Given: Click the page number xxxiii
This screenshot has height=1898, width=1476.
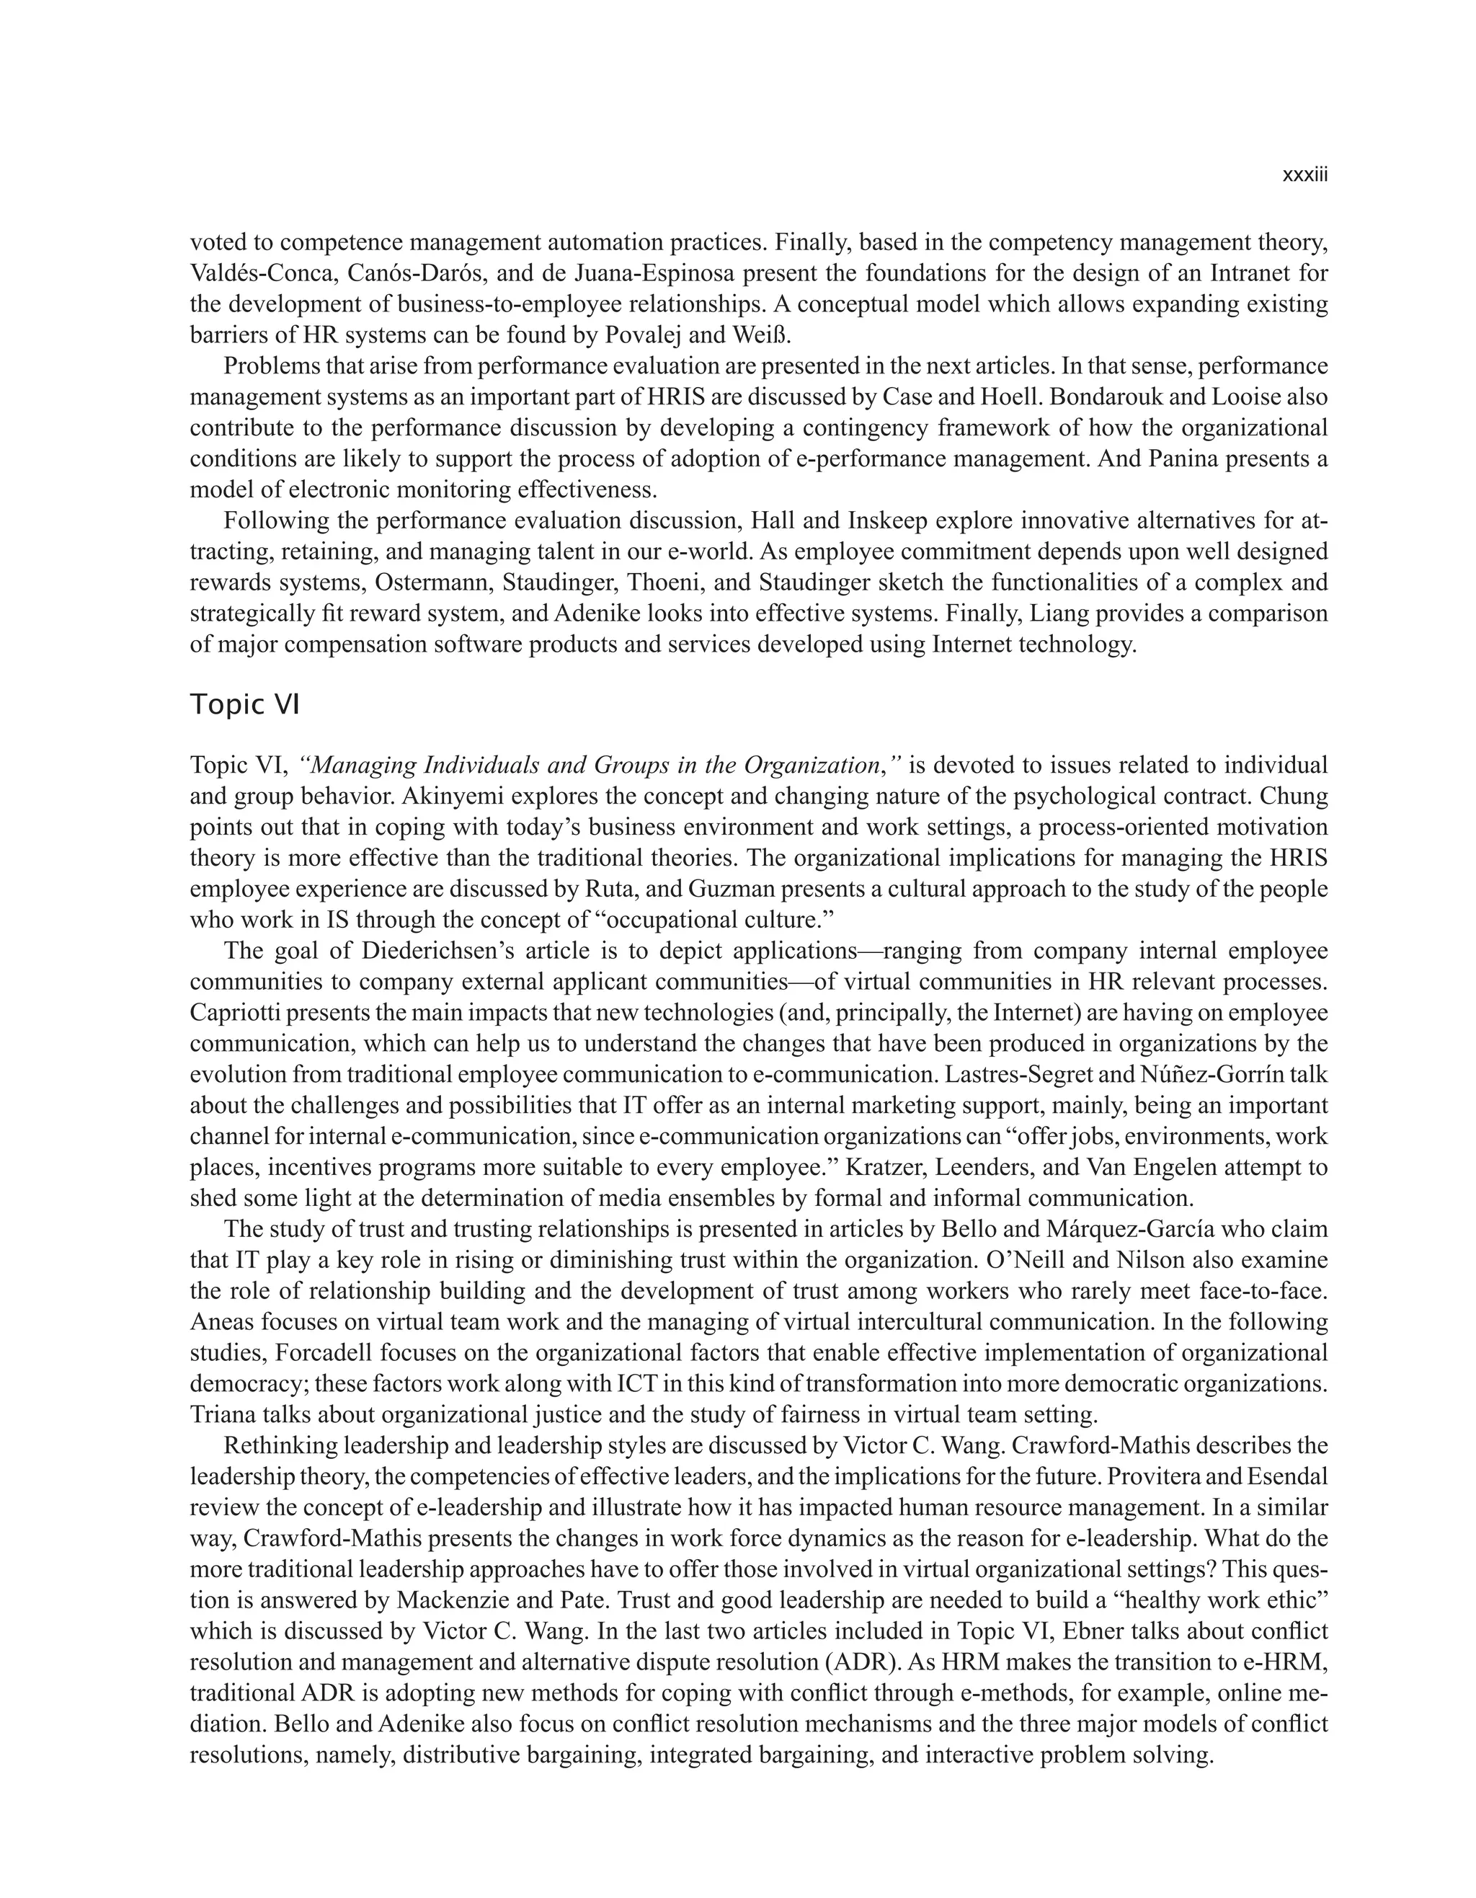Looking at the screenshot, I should click(1305, 176).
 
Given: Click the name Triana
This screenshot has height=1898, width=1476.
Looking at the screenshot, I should click(220, 1415).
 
